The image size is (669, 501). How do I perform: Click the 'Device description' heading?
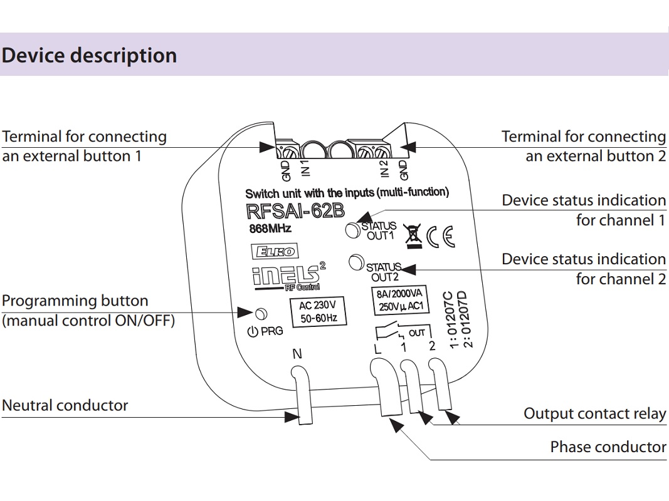point(89,56)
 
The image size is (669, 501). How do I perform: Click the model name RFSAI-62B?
point(295,211)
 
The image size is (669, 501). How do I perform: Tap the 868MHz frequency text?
point(270,229)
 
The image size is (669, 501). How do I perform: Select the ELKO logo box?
point(275,251)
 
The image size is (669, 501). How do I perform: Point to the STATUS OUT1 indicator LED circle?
point(353,230)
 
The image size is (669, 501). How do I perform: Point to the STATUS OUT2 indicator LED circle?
point(356,262)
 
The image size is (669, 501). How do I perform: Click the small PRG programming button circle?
point(261,314)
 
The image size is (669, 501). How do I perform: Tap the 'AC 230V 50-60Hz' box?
point(317,312)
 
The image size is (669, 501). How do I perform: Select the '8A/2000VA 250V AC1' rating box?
point(400,300)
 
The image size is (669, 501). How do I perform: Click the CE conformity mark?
point(441,237)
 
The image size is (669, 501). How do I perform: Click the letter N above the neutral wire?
point(297,354)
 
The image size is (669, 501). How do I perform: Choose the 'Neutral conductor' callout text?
point(65,406)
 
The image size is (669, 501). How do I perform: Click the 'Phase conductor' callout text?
point(608,447)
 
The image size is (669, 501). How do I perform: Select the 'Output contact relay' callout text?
point(595,414)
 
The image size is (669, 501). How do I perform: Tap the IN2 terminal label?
point(384,168)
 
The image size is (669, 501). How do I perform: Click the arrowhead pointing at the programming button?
point(246,312)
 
